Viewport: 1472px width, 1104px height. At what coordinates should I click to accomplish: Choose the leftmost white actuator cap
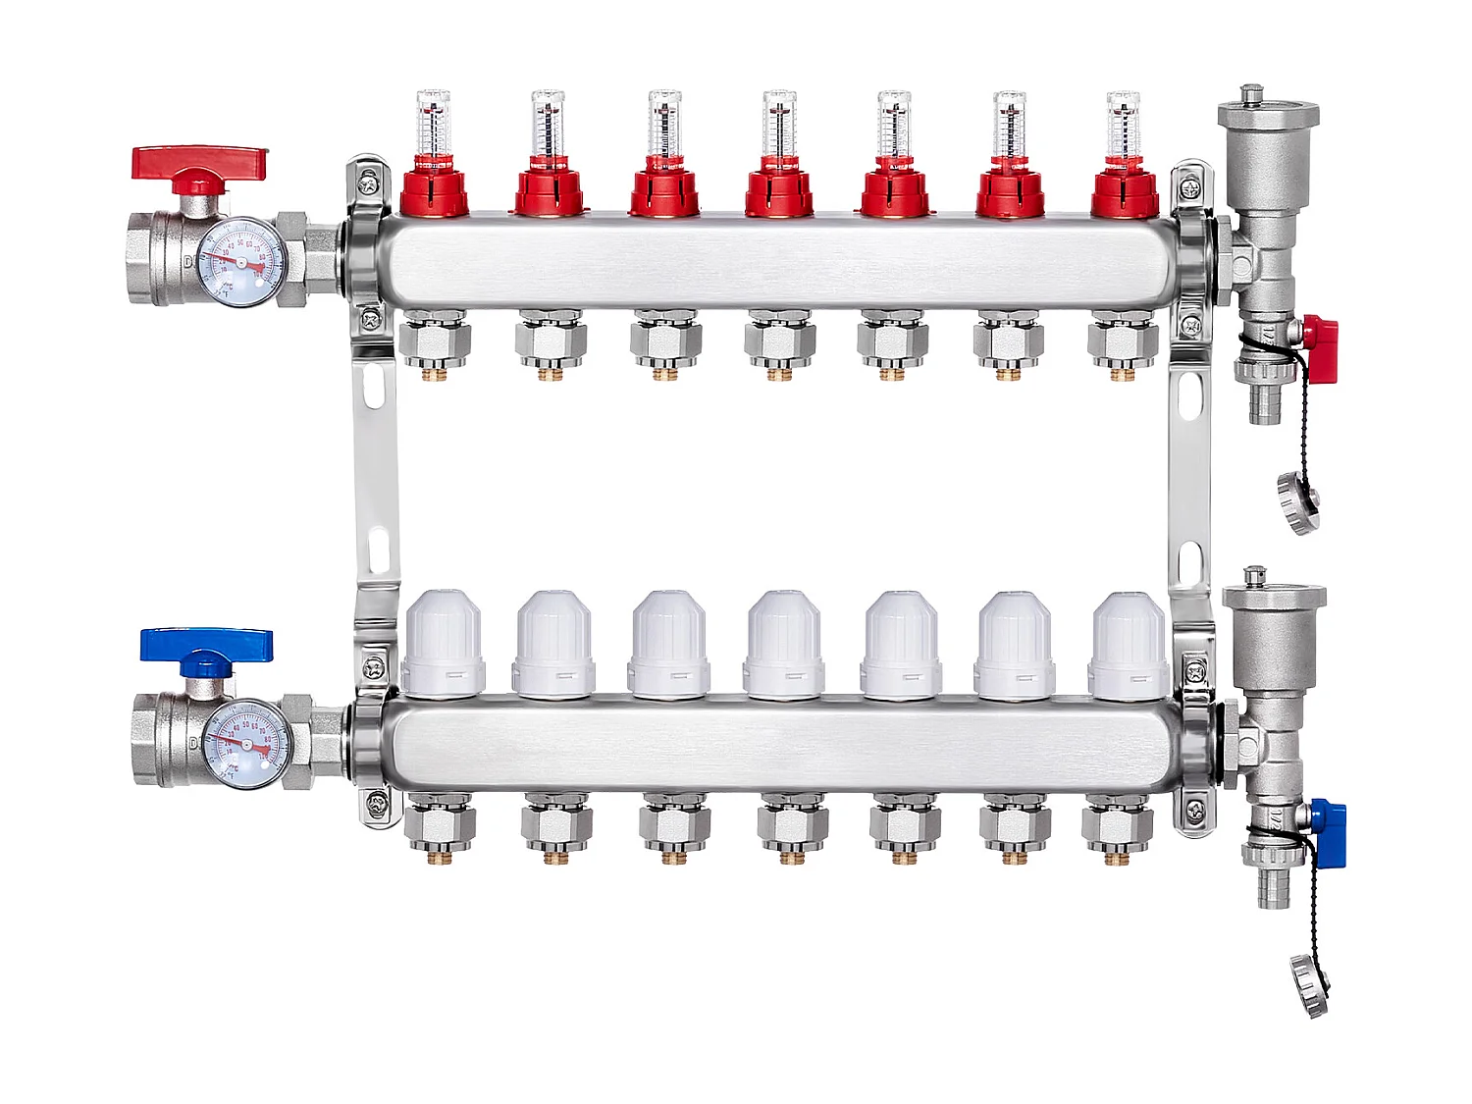click(443, 643)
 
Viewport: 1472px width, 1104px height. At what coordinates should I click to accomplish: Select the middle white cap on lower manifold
click(784, 644)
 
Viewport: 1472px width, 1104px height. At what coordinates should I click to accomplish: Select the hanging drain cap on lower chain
click(1310, 984)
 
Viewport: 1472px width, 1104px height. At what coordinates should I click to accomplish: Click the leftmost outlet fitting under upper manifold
click(435, 344)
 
